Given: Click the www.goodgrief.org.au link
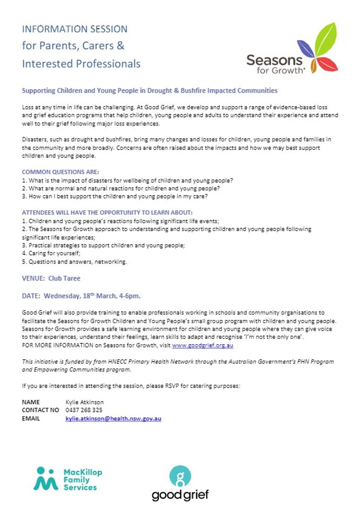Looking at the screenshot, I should pos(203,346).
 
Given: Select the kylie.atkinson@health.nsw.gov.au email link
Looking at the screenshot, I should pos(113,419).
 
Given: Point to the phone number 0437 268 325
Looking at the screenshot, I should pos(84,410).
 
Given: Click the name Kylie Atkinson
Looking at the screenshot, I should pos(85,402).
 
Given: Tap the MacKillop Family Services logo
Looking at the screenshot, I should pos(68,479).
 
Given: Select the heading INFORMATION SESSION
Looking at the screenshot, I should pos(74,29).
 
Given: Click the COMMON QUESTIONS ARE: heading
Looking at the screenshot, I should pos(60,172).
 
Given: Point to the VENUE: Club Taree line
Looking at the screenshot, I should pos(51,278).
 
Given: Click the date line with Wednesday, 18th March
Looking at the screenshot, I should pos(81,295).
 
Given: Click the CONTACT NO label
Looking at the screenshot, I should pos(40,410).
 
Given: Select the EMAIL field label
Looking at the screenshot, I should pos(31,419).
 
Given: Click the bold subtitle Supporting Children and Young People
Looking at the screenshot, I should pos(149,91).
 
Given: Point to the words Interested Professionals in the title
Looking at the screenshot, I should pos(81,64).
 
